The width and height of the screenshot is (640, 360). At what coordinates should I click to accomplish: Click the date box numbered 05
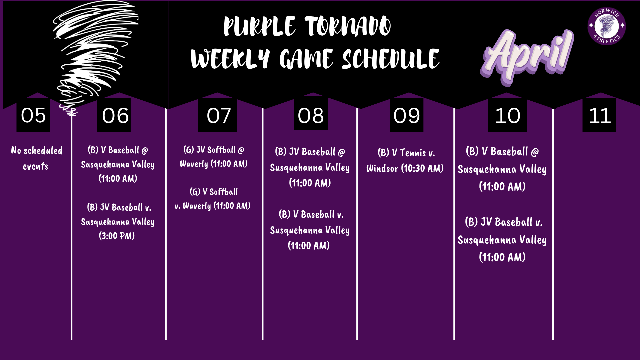coord(33,115)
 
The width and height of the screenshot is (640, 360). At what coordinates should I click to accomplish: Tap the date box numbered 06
coord(114,115)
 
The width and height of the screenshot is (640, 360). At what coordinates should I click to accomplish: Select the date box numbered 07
coord(218,115)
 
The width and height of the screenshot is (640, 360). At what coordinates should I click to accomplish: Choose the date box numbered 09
coord(407,115)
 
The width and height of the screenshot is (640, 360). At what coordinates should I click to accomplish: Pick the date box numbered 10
coord(507,115)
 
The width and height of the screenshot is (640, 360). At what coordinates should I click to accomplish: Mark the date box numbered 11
coord(599,115)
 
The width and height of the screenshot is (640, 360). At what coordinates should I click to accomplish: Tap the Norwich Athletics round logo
coord(606,26)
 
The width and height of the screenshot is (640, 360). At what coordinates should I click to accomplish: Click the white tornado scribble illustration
coord(92,50)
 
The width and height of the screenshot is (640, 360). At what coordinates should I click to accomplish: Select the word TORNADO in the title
coord(348,27)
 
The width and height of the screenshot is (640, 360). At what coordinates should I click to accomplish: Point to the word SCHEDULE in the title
coord(391,59)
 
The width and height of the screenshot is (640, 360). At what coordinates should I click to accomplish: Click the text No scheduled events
coord(36,158)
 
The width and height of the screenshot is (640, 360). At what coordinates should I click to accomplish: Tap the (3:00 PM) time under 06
coord(117,236)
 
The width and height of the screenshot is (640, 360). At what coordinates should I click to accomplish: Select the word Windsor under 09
coord(382,169)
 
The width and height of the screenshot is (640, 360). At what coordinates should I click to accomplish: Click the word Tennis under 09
coord(413,153)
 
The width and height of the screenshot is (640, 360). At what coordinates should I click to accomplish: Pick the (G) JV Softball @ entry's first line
coord(214,150)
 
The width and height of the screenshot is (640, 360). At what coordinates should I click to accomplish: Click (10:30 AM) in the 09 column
coord(422,169)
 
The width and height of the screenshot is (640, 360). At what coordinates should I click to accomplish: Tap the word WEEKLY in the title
coord(230,59)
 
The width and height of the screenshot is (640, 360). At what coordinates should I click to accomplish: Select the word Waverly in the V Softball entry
coord(197,206)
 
